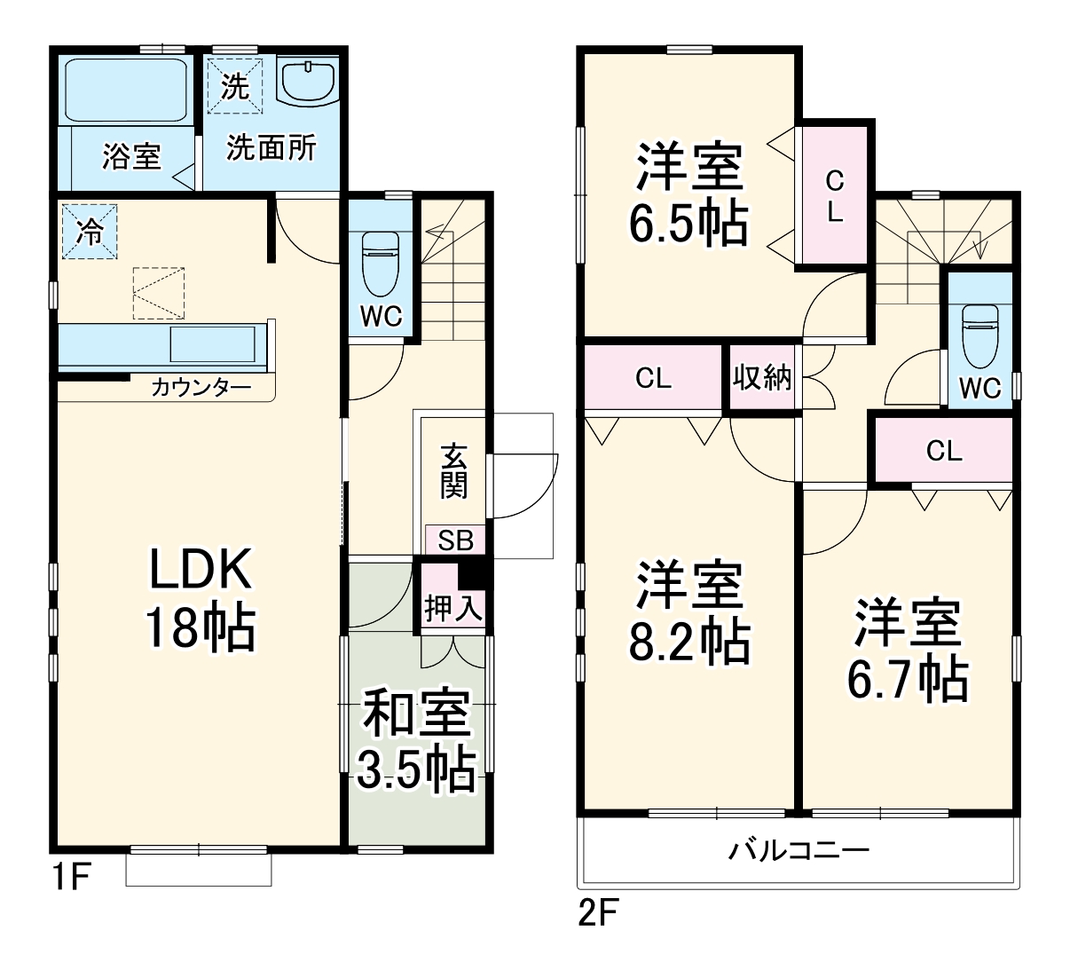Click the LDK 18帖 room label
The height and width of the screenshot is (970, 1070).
tap(201, 598)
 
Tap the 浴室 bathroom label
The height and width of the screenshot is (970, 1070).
tap(131, 157)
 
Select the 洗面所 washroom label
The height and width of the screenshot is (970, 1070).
tap(271, 148)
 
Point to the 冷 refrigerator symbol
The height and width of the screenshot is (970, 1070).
tap(90, 232)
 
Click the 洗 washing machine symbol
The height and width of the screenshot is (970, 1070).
tap(235, 86)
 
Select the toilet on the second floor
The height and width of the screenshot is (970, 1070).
tap(980, 335)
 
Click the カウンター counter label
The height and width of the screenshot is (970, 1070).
tap(201, 388)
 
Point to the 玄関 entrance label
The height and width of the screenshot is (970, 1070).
tap(453, 471)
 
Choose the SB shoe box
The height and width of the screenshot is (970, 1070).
tap(456, 540)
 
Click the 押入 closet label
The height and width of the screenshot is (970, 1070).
tap(453, 609)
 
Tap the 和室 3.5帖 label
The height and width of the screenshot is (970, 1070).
tap(416, 739)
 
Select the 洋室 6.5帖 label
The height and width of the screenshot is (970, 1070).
tap(688, 193)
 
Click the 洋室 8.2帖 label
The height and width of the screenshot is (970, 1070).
tap(689, 611)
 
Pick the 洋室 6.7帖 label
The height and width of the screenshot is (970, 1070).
tap(907, 650)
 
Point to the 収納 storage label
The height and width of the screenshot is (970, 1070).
tap(762, 378)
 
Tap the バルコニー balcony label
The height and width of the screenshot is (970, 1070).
tap(799, 851)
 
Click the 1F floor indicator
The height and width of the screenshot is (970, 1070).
tap(70, 878)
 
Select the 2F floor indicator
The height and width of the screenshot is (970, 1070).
tap(598, 912)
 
